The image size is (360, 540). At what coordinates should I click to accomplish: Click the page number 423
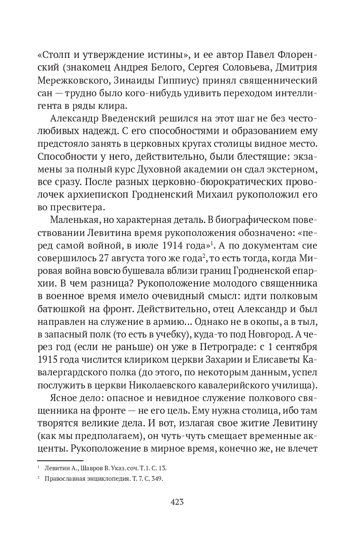pos(177,502)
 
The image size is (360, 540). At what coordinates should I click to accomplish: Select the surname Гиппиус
pos(210,81)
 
